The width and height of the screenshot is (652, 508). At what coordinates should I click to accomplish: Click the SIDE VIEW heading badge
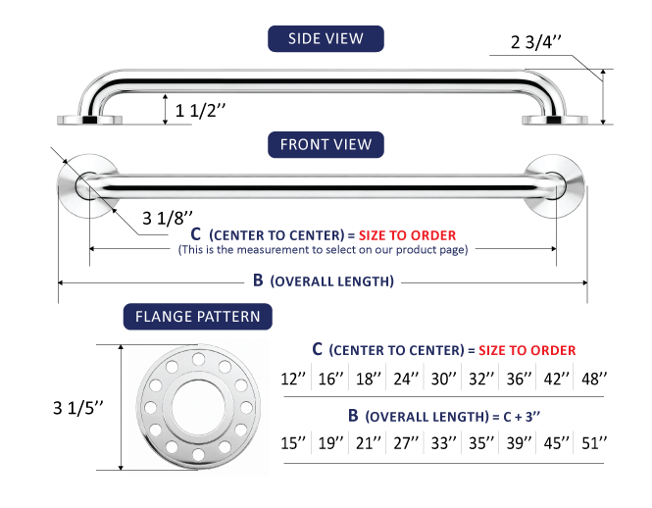coord(326,38)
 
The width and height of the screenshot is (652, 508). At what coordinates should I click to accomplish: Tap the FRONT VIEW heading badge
coord(326,144)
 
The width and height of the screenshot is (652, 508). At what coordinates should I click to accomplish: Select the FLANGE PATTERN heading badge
coord(197,316)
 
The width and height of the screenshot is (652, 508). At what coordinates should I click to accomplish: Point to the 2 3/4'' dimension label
coord(536,42)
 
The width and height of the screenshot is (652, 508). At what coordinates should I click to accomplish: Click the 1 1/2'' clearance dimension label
coord(200,111)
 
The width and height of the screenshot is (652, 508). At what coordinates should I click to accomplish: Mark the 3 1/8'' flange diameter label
coord(168,218)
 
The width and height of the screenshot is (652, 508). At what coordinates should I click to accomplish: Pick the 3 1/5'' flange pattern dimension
coord(78,408)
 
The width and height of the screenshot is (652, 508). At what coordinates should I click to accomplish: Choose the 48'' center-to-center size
coord(594,379)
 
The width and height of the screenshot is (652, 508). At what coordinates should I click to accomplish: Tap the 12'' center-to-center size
coord(293,379)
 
